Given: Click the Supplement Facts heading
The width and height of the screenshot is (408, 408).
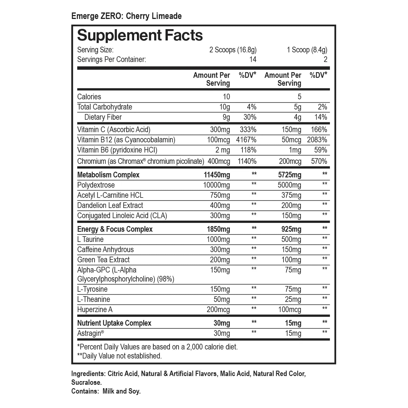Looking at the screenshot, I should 140,36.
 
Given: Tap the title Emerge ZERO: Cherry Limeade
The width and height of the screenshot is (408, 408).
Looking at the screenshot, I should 126,16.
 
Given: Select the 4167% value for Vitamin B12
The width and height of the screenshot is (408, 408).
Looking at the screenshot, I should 246,140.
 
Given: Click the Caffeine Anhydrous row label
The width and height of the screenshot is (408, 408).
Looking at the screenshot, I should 105,250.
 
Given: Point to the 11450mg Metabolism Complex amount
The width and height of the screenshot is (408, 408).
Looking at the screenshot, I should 217,175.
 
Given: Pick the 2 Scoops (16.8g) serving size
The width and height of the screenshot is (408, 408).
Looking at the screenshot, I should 233,50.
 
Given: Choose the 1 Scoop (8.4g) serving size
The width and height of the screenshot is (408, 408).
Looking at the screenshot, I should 307,50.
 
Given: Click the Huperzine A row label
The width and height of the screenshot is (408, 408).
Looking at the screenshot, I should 95,310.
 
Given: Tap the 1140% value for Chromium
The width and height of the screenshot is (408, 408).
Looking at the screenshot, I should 247,161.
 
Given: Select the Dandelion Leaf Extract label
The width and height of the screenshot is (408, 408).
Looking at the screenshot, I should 110,205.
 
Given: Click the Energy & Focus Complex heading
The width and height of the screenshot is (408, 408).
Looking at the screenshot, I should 115,229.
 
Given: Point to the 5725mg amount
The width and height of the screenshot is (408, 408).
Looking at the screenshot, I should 289,175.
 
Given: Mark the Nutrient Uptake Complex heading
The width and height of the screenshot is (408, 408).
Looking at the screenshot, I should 114,323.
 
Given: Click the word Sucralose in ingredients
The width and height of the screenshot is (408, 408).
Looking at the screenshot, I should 86,383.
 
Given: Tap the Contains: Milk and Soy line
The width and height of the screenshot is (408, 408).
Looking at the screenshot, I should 106,391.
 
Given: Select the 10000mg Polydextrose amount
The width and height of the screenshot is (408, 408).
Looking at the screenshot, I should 216,185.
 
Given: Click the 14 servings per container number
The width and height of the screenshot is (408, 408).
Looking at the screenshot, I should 253,59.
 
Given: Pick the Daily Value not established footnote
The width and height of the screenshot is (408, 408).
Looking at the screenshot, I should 119,356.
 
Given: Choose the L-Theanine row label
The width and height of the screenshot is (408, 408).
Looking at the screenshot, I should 94,299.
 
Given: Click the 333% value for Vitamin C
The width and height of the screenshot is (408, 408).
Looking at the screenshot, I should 248,130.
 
